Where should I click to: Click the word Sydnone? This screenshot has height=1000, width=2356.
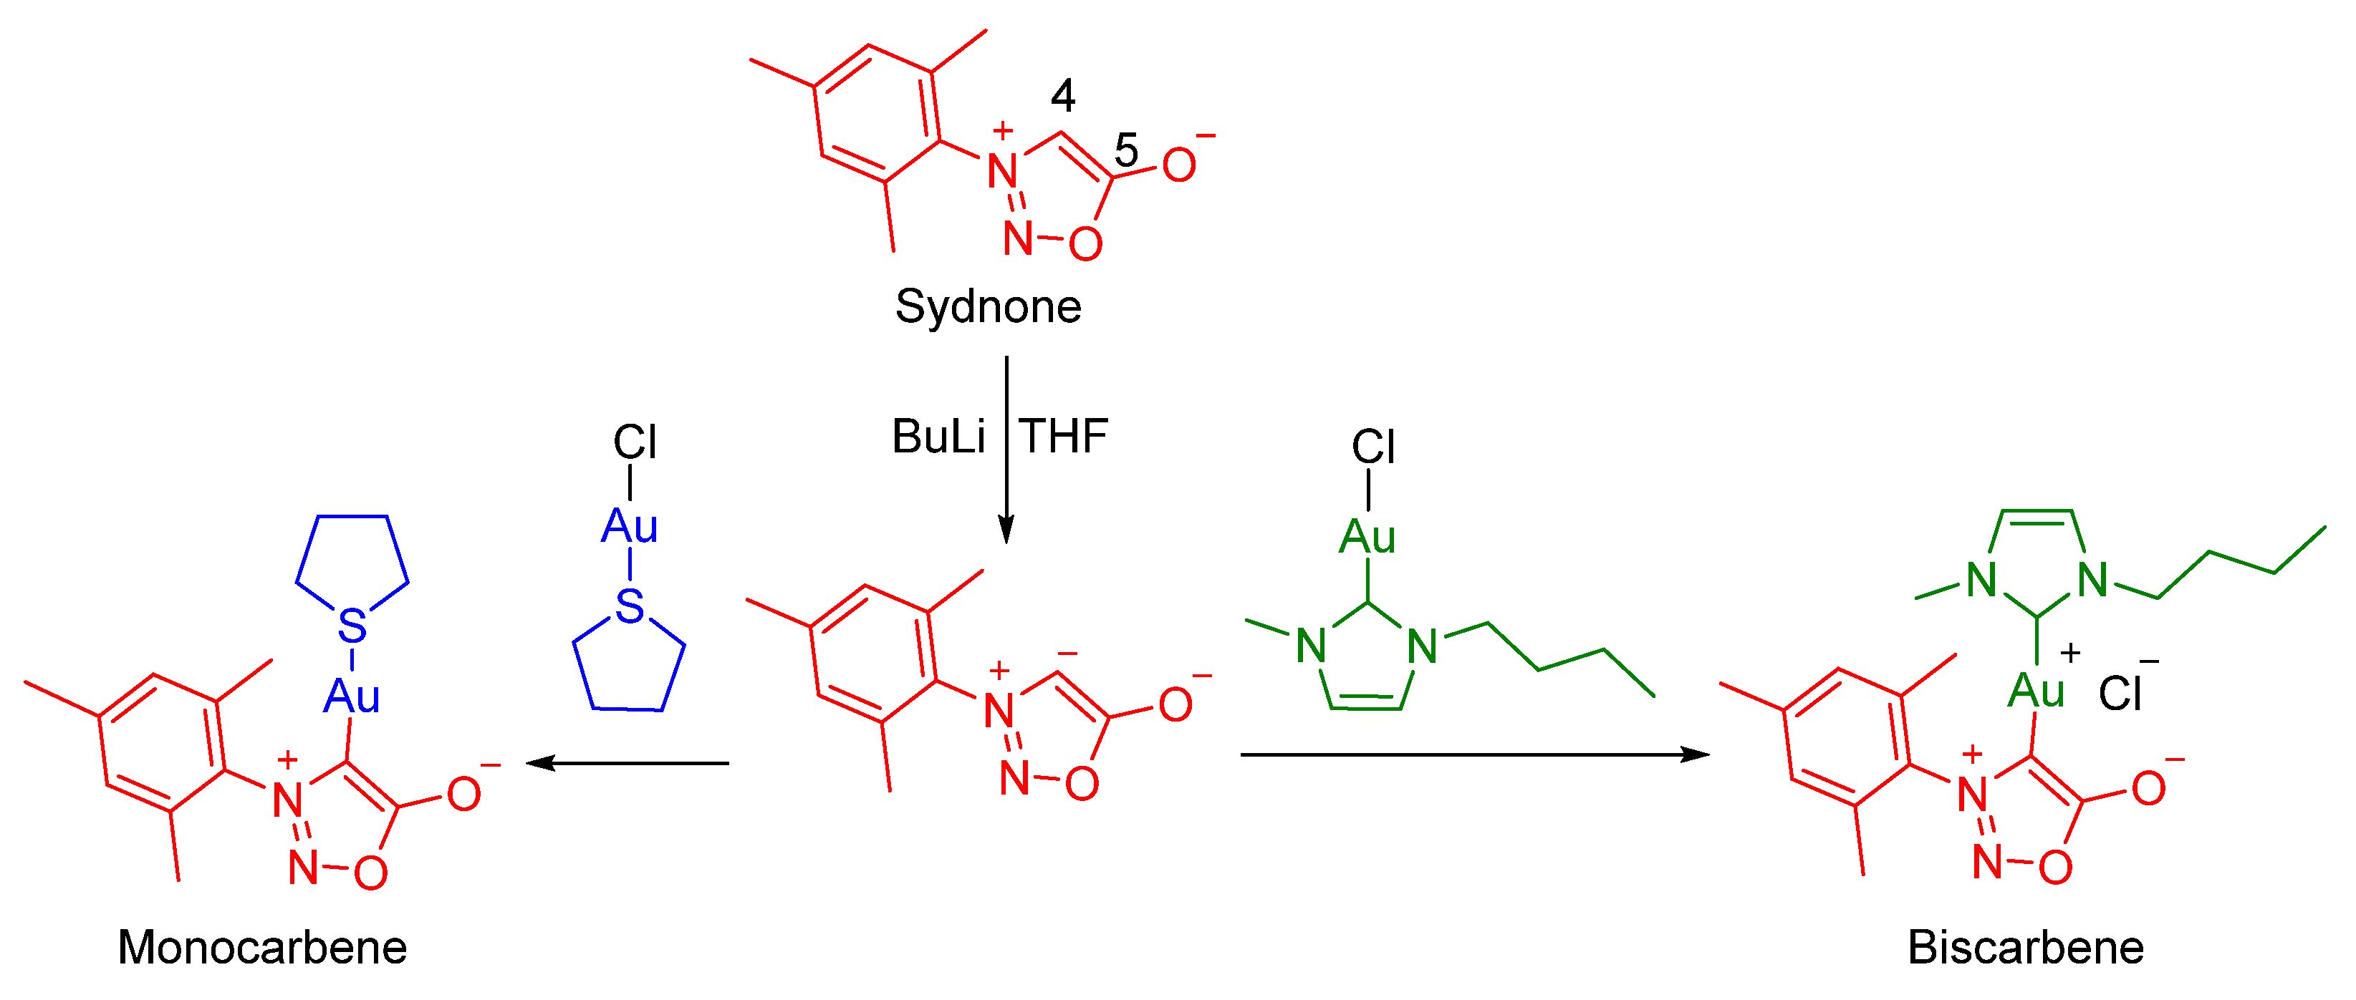click(988, 307)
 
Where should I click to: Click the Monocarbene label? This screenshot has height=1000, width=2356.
click(261, 948)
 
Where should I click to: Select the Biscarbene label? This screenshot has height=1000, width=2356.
click(2025, 948)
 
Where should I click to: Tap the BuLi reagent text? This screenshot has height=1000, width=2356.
click(938, 437)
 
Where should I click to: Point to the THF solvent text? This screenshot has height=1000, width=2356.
click(1064, 437)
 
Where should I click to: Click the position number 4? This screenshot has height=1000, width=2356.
click(1063, 95)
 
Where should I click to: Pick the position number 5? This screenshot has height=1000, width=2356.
click(1126, 150)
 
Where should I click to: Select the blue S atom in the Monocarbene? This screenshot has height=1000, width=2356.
click(352, 627)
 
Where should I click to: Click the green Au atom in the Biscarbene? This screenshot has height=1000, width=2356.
click(2036, 691)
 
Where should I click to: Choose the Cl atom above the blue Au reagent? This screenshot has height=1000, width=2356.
click(635, 442)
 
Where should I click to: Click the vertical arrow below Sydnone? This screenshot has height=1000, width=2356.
click(1006, 448)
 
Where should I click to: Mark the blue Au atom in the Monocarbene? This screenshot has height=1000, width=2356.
click(351, 696)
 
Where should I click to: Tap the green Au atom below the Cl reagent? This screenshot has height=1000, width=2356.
click(1367, 538)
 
